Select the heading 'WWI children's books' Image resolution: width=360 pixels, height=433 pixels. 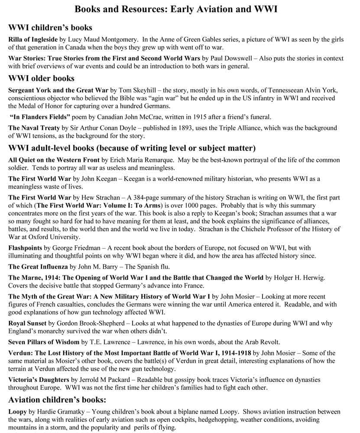[x=50, y=28]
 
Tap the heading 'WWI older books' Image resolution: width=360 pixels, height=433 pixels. [x=42, y=78]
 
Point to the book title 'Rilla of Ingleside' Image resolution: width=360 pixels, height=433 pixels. [x=33, y=39]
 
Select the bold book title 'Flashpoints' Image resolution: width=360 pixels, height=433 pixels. [x=25, y=248]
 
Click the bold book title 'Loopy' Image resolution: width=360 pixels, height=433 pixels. [x=17, y=412]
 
